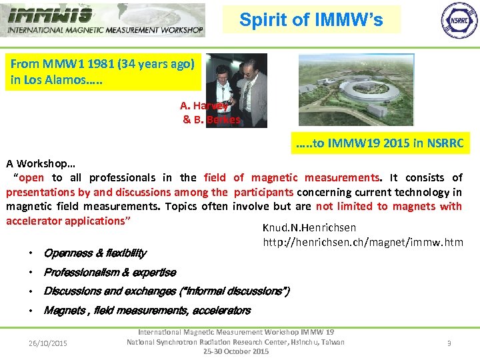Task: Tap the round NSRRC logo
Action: pos(459,19)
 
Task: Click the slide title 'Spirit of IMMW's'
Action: pos(311,20)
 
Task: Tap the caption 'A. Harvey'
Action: pos(204,105)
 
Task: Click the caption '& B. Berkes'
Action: pos(211,120)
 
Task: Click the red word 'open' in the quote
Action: pos(32,177)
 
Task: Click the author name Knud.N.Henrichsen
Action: pos(309,228)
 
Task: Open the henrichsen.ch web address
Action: pos(363,242)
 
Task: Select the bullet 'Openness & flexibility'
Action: pos(95,253)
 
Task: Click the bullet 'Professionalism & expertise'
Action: pos(109,272)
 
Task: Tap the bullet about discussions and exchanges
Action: pos(166,291)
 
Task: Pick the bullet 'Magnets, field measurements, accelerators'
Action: pos(147,310)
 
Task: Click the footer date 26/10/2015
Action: pos(47,343)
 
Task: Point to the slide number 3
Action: pos(449,343)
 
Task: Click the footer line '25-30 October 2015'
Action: pos(236,351)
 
